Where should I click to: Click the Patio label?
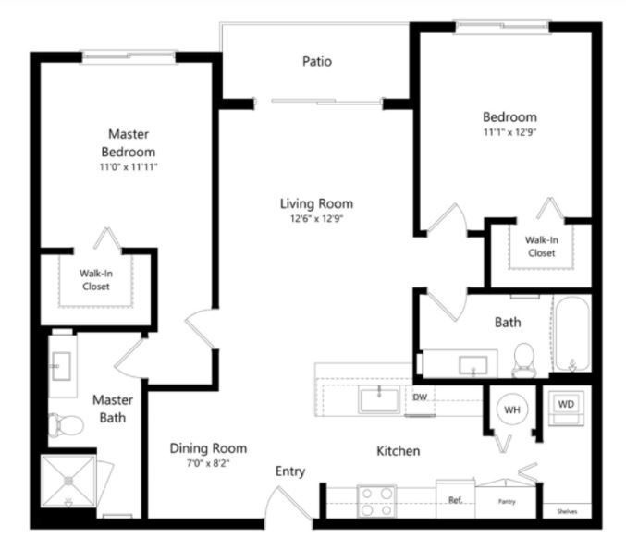(317, 61)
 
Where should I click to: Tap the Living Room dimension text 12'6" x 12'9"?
(316, 219)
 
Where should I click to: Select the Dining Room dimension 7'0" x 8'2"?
(208, 463)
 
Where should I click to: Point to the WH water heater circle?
(512, 409)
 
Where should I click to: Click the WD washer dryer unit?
(566, 408)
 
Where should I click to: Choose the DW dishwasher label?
(420, 397)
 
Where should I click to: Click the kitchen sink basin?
(379, 399)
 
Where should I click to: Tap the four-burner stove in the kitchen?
(376, 501)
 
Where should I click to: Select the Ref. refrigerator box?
(456, 499)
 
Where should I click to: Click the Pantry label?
(507, 501)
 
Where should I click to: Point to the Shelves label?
(567, 511)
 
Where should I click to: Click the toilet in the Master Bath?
(66, 425)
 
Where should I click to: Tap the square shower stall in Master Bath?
(68, 481)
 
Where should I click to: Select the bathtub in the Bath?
(572, 334)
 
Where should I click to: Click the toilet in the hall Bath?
(523, 360)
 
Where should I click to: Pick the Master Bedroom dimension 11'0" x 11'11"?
(129, 166)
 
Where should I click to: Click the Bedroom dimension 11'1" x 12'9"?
(509, 132)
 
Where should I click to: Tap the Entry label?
(290, 471)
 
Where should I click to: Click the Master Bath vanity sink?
(61, 366)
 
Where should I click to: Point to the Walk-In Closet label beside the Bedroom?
(541, 246)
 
